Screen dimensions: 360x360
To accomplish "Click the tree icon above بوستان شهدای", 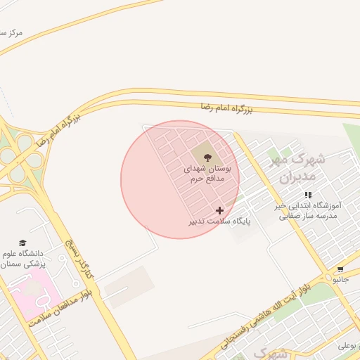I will coord(207,157).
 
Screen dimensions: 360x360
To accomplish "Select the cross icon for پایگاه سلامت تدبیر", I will coord(220,210).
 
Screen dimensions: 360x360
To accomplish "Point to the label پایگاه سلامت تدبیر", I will coord(219,221).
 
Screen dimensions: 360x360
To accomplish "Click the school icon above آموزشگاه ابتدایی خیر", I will coord(308,195).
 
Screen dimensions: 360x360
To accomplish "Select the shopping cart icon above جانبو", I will coord(340,269).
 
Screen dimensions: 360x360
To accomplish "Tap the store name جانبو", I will coord(340,280).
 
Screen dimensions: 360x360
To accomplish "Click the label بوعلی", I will coord(348,345).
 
